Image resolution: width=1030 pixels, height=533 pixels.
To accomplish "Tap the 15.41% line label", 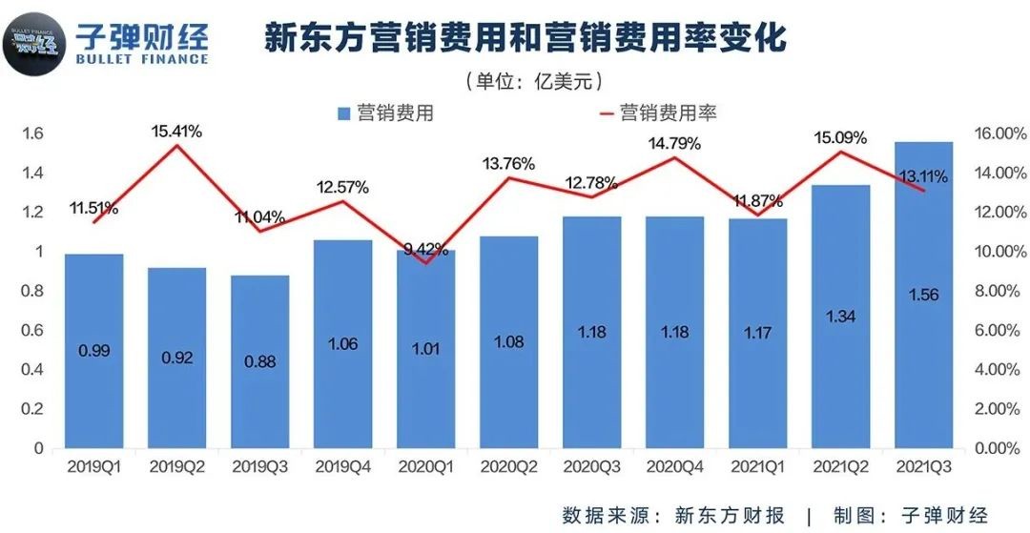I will coord(176,132).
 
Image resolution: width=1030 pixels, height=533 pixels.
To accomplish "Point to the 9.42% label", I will coord(425,250).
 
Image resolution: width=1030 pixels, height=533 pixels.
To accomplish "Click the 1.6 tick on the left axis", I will coord(32,133).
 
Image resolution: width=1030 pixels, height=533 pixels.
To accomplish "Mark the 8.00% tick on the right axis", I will coord(997,291).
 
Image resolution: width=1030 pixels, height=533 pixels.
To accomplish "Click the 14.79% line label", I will coord(674,144).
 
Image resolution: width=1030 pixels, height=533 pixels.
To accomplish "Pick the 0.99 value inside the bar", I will coord(93,350).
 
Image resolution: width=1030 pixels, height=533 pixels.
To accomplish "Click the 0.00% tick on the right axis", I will coord(997,448).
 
